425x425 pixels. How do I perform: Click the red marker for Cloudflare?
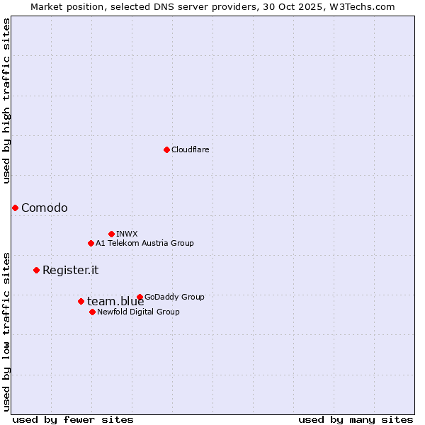coord(166,149)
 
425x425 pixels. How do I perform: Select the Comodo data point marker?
coord(15,208)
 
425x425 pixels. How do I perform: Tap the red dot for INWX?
coord(111,234)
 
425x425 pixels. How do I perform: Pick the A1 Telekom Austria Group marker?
coord(91,243)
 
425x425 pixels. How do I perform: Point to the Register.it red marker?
coord(36,270)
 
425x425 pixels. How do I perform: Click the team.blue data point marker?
coord(81,301)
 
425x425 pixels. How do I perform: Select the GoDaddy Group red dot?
coord(140,297)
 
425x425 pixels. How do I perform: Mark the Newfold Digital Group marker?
coord(92,312)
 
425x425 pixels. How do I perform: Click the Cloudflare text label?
coord(190,149)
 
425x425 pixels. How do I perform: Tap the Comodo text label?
coord(45,208)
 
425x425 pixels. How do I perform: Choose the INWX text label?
coord(127,234)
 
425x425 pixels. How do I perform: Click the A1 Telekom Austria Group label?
coord(144,243)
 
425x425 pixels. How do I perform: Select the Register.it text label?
coord(70,270)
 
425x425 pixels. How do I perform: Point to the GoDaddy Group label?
coord(174,297)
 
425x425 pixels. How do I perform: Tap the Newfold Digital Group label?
coord(138,312)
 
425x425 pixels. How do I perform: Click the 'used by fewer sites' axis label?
coord(73,419)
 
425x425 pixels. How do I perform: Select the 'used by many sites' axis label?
coord(356,419)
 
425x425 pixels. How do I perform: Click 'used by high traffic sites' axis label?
coord(6,101)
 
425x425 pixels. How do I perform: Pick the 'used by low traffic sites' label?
coord(6,331)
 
